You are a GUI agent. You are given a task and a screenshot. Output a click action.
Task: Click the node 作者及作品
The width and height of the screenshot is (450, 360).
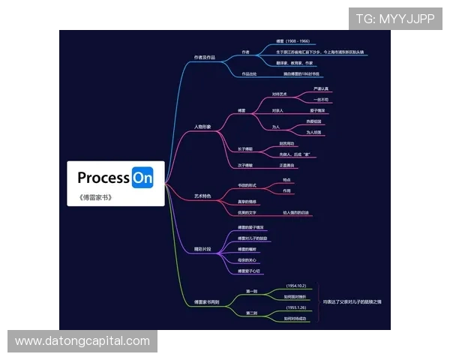[204, 57]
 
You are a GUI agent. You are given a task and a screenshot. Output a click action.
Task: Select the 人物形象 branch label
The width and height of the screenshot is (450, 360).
[202, 127]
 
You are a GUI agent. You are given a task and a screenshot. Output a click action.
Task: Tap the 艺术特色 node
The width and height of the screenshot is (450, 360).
[202, 196]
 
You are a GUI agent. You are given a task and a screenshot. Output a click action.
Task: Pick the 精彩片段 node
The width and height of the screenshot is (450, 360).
[202, 248]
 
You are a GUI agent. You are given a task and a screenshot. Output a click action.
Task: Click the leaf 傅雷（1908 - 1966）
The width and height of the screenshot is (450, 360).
[292, 41]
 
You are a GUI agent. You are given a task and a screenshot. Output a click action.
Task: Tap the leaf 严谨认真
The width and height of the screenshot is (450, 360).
[321, 88]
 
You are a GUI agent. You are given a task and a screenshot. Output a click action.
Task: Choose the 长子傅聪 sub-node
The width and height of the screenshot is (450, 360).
[245, 148]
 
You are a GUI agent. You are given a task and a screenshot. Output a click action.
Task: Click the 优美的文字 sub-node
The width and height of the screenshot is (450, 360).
[247, 212]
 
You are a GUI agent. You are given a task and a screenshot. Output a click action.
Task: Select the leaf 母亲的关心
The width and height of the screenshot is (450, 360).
[248, 259]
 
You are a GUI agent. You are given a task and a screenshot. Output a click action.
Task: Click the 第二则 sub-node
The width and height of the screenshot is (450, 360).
[252, 312]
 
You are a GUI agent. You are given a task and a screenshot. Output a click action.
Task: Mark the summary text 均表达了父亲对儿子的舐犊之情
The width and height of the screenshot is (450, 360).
[352, 301]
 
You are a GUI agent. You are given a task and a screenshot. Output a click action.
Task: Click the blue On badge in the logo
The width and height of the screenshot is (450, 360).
[142, 178]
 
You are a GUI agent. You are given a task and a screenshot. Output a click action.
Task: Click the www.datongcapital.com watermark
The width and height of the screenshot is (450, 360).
[82, 341]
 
